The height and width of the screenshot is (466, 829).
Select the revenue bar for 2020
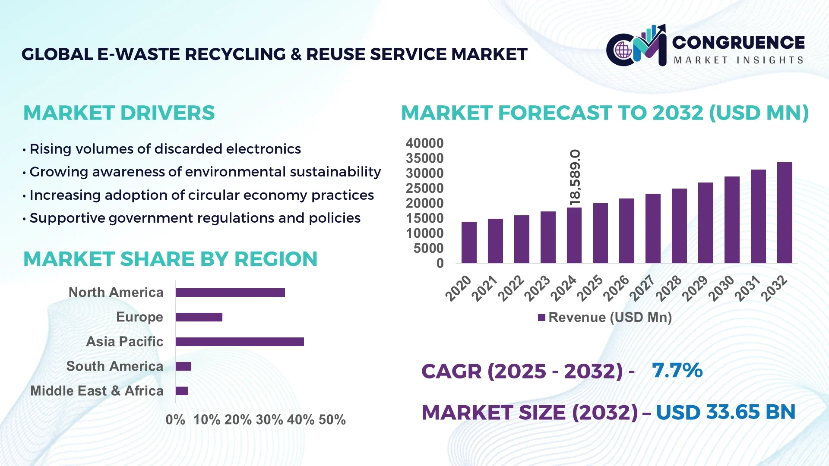[469, 242]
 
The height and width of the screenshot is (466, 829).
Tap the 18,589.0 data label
[575, 177]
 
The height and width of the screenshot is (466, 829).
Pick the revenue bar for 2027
[653, 228]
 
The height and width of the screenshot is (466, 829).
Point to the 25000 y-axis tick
[424, 189]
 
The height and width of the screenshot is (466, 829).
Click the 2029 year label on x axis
[695, 288]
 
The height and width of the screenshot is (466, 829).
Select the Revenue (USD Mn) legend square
[541, 318]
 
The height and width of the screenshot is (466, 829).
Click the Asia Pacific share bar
[240, 342]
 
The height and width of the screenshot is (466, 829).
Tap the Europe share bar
[199, 317]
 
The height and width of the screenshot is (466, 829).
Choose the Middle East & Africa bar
[182, 391]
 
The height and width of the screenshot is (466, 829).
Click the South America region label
[115, 366]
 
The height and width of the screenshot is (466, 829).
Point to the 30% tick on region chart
[269, 420]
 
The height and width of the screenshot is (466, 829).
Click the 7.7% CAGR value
[677, 370]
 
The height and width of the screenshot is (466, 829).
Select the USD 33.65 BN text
[725, 412]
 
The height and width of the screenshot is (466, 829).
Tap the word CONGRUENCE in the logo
[738, 42]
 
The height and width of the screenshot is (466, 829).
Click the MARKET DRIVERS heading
[119, 113]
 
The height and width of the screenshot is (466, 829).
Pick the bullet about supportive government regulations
[195, 218]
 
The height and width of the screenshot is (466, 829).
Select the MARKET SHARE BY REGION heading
[170, 259]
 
